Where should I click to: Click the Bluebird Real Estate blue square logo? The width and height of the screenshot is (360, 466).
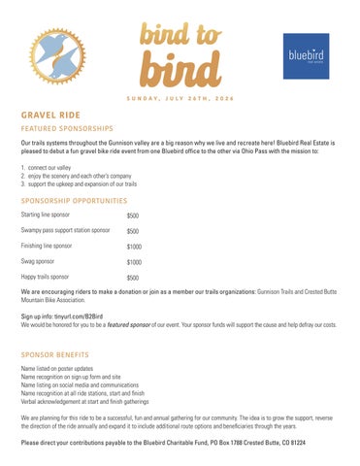click(305, 55)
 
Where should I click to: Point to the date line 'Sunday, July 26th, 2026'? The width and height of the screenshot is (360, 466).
click(180, 97)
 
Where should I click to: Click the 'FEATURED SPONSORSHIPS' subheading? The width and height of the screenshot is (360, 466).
click(68, 128)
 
